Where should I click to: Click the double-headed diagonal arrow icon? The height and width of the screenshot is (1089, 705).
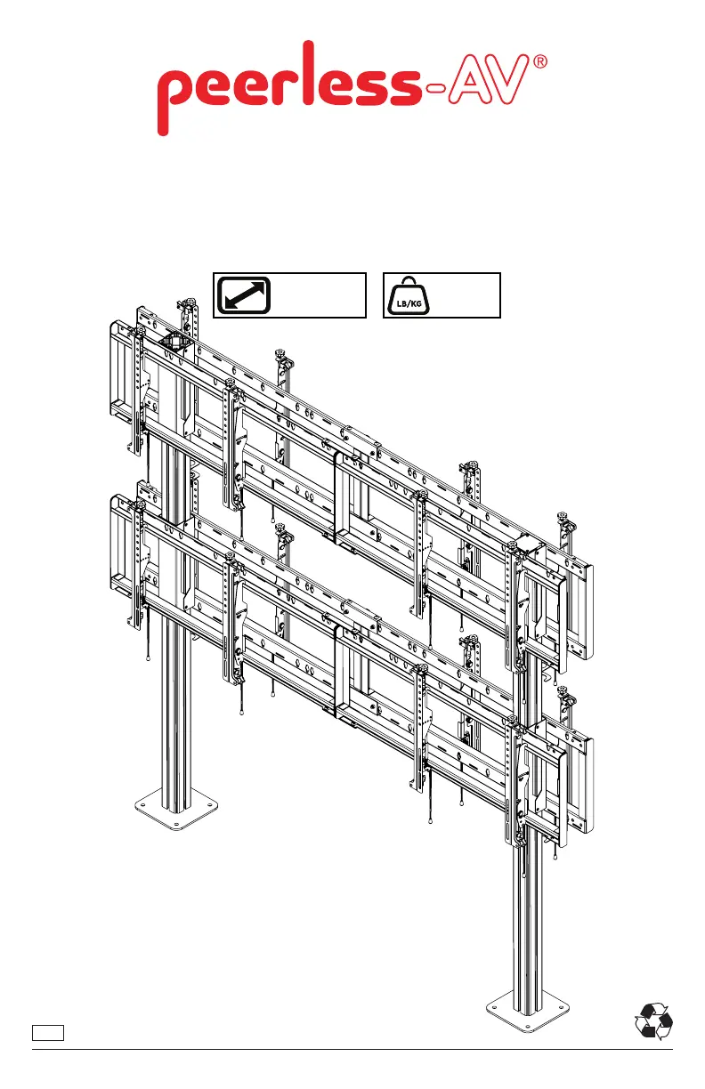[x=245, y=295]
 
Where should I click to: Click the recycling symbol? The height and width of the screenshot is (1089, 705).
[x=653, y=1020]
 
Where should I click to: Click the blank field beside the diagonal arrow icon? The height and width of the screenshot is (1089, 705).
[x=320, y=295]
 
